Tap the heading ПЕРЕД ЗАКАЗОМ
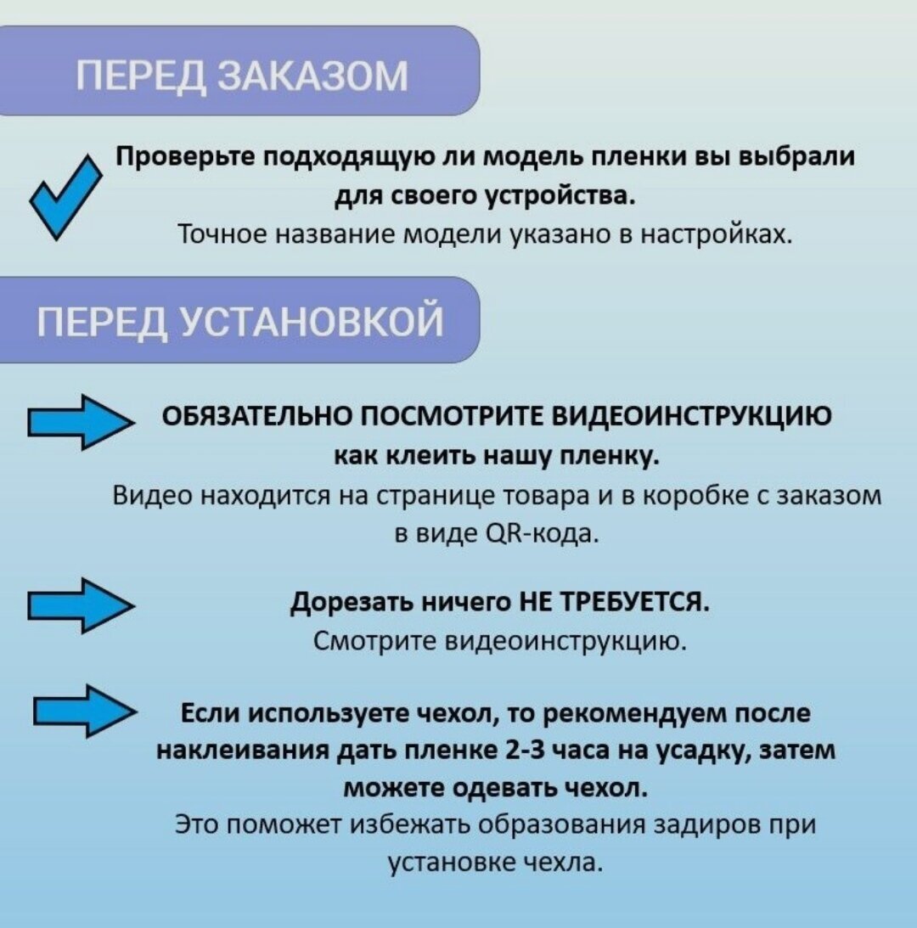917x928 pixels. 242,76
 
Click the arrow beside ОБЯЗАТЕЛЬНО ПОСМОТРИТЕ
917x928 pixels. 80,422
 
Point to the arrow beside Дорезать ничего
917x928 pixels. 80,605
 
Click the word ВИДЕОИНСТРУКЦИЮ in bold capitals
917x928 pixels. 692,417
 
